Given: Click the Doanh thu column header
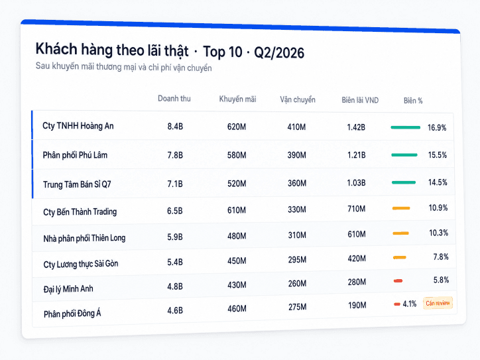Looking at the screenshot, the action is click(x=174, y=99).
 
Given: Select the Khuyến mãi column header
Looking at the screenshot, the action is click(x=237, y=99).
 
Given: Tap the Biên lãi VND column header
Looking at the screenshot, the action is click(x=360, y=100).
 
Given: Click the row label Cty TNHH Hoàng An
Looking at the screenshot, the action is click(x=78, y=126).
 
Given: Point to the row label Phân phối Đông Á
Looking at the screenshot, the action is click(x=72, y=314).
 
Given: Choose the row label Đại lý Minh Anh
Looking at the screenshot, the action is click(x=68, y=289).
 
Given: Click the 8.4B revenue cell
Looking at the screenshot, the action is click(x=175, y=127).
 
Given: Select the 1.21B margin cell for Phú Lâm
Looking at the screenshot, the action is click(x=356, y=155).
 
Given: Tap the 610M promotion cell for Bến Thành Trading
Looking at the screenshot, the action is click(x=237, y=210).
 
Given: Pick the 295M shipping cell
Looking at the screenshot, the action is click(x=297, y=260).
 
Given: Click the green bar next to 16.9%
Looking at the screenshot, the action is click(x=406, y=127).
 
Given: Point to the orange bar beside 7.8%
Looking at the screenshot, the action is click(x=400, y=257).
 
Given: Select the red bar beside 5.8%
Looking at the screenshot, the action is click(x=398, y=280).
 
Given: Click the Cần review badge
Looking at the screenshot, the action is click(x=438, y=303).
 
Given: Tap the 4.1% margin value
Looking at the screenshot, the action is click(x=410, y=304).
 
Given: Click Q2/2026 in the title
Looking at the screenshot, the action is click(x=279, y=52).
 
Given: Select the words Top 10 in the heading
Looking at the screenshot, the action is click(x=223, y=52).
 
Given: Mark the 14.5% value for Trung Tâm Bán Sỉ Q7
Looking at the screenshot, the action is click(x=438, y=182).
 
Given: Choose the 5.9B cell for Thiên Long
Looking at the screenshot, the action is click(x=175, y=237).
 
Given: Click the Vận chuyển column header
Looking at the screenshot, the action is click(x=298, y=100).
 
